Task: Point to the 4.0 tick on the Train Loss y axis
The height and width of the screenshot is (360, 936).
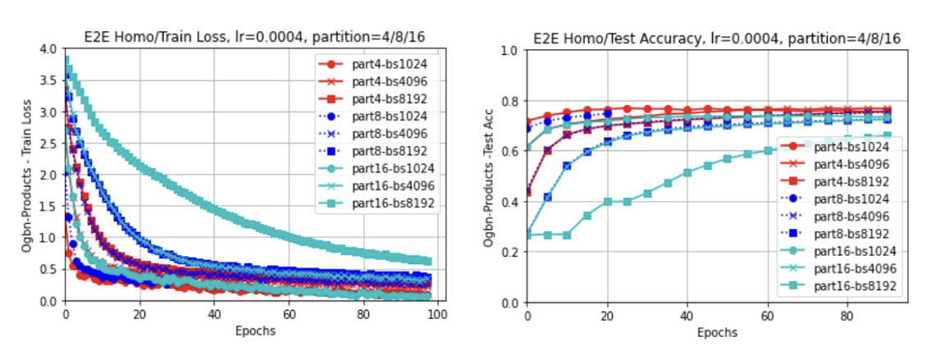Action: [49, 49]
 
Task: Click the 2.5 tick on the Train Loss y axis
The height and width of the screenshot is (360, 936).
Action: [49, 144]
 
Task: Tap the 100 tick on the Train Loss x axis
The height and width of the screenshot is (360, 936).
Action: [438, 314]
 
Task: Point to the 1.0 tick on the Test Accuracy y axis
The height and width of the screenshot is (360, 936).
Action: [511, 51]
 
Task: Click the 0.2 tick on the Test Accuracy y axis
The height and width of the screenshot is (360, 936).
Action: [511, 253]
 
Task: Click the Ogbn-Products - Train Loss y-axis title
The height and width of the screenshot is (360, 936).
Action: [27, 175]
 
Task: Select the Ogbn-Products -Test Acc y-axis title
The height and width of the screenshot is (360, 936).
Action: [489, 177]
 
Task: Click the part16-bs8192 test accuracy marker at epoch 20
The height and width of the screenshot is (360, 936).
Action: [608, 202]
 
